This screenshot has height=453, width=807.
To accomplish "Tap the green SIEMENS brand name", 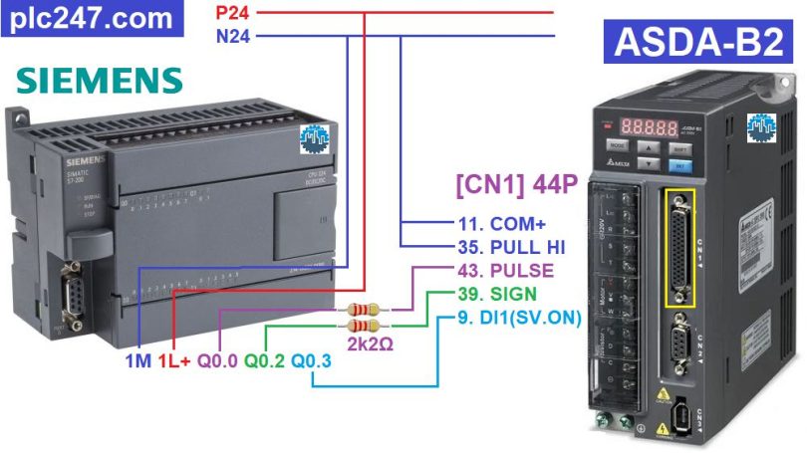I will point(100,81).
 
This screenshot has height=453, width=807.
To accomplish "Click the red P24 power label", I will point(234,13).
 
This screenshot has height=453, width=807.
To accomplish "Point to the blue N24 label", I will point(234,37).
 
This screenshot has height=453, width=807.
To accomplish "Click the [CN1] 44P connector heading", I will point(517,184).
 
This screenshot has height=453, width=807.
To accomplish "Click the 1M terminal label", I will point(137,360).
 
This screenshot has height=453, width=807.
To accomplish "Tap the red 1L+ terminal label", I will point(173,360).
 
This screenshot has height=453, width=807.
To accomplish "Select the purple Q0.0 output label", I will point(217,360).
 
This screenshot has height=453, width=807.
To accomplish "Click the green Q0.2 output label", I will point(264,360).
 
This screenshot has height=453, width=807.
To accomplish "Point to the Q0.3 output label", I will point(311,360).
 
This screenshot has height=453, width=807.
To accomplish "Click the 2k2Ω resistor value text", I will point(372,343).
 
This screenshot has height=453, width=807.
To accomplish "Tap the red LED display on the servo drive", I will point(651,128).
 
